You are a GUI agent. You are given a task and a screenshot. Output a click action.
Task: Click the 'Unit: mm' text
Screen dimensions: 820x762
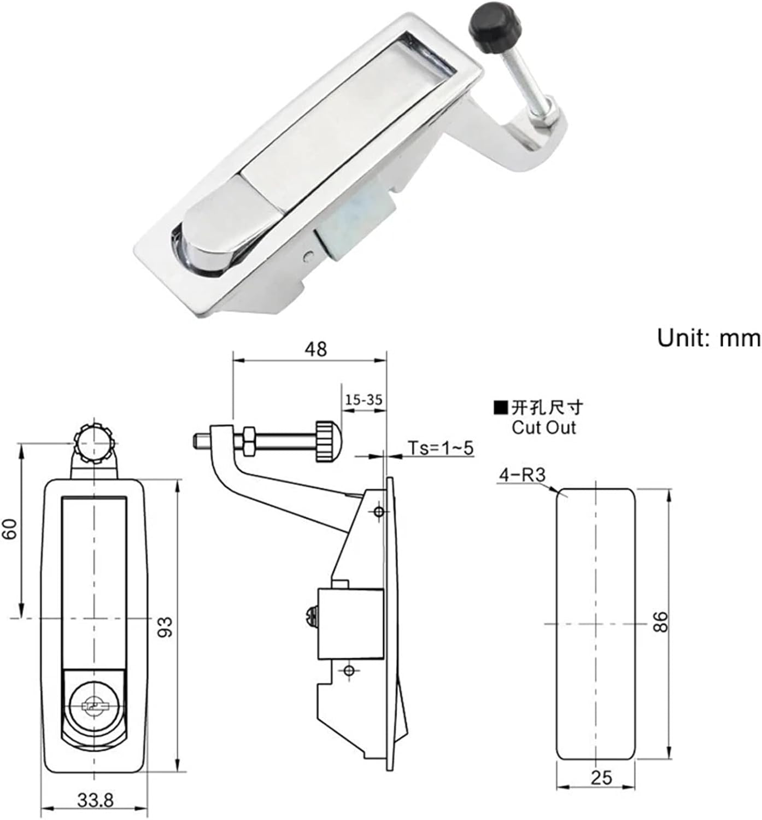click(708, 338)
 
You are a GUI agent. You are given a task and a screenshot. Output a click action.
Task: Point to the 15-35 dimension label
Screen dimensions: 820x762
click(363, 400)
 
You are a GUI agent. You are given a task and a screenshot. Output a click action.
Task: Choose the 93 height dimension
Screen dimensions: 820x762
click(166, 626)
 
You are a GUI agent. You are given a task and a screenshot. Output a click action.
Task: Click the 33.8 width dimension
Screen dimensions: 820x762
click(95, 801)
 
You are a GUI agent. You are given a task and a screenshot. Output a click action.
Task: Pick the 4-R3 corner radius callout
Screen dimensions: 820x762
click(521, 476)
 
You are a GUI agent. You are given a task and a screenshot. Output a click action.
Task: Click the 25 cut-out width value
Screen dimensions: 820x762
click(601, 777)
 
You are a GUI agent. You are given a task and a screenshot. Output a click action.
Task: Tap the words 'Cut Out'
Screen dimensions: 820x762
click(543, 427)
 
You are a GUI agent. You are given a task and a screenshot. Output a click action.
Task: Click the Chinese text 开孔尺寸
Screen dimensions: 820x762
click(547, 407)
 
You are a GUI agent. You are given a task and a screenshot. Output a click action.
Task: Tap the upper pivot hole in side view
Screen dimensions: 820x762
click(378, 511)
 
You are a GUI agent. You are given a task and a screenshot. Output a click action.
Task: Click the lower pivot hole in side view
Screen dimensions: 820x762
click(349, 671)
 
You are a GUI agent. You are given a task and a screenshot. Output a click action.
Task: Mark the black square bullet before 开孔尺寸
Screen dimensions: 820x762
click(500, 407)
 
